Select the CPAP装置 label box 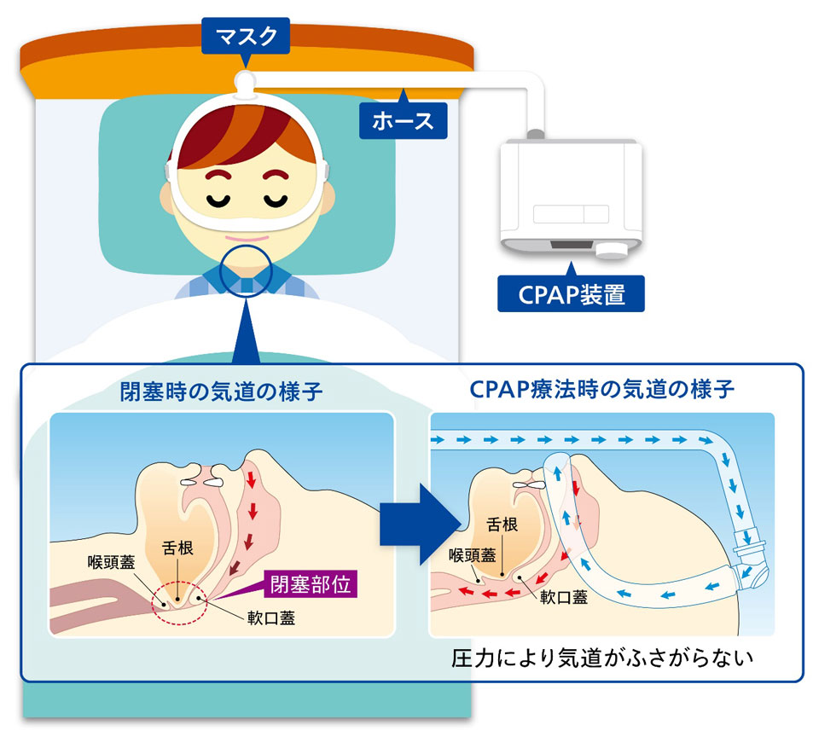571,294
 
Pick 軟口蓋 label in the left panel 270,620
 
